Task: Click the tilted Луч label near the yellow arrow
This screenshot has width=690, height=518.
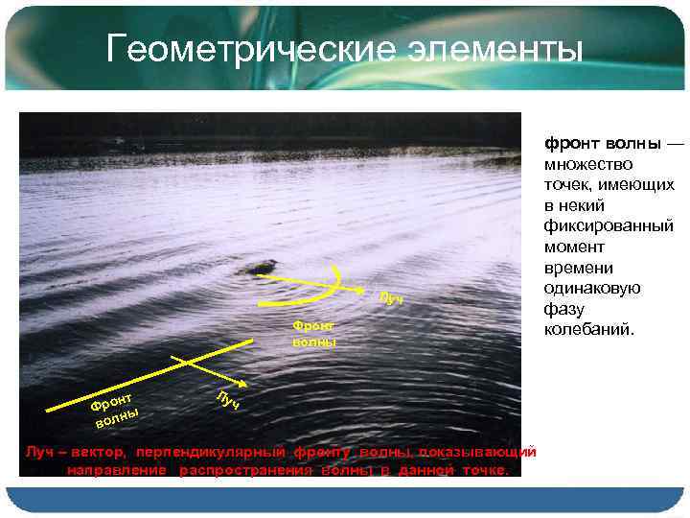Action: pos(391,299)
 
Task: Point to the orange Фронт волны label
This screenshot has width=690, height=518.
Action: pos(314,334)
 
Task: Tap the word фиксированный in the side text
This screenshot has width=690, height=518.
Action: pos(609,226)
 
